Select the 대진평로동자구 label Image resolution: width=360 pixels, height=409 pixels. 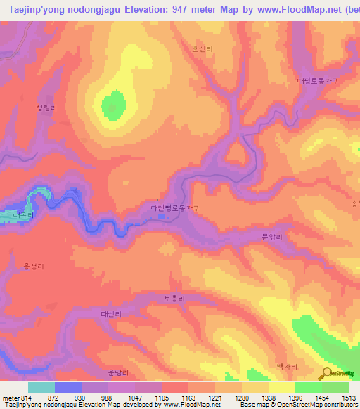point(175,208)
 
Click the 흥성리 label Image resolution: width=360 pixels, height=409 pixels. point(34,266)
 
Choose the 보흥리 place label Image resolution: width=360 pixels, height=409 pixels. point(174,299)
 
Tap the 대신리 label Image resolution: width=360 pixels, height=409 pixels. point(111,314)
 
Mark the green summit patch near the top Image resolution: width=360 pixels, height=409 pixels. point(111,107)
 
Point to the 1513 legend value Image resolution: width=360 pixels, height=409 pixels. point(347,397)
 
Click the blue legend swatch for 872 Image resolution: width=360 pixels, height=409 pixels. point(67,387)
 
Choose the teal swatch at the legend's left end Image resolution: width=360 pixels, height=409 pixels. point(41,387)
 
